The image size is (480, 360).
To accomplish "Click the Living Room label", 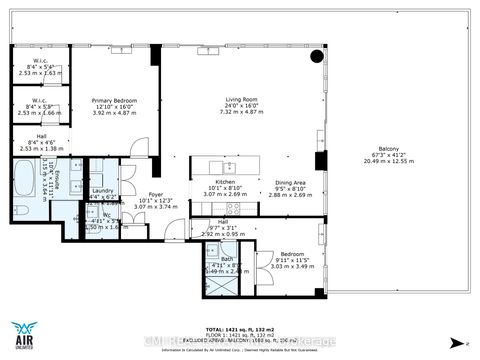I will (237, 99).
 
